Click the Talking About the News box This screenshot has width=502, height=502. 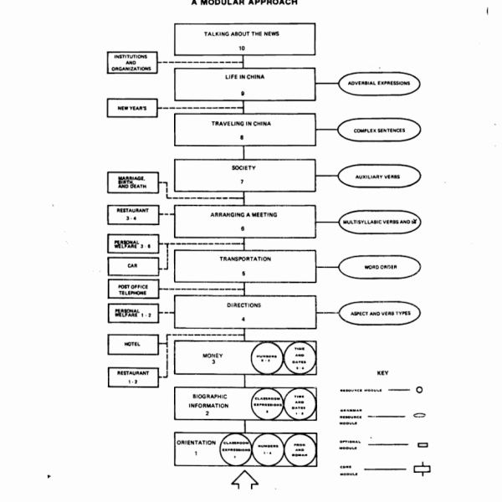pyautogui.click(x=245, y=40)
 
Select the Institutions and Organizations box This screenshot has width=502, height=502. pyautogui.click(x=131, y=63)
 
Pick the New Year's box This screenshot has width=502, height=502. pyautogui.click(x=131, y=108)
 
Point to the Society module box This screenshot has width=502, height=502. pyautogui.click(x=245, y=176)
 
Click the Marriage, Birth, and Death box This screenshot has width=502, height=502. pyautogui.click(x=131, y=182)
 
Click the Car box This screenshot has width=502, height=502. pyautogui.click(x=131, y=266)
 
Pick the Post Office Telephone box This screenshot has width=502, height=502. pyautogui.click(x=131, y=289)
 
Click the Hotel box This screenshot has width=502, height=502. pyautogui.click(x=131, y=343)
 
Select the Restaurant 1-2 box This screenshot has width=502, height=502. pyautogui.click(x=131, y=376)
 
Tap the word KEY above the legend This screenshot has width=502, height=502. pyautogui.click(x=383, y=372)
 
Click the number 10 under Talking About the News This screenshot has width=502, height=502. pyautogui.click(x=242, y=49)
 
